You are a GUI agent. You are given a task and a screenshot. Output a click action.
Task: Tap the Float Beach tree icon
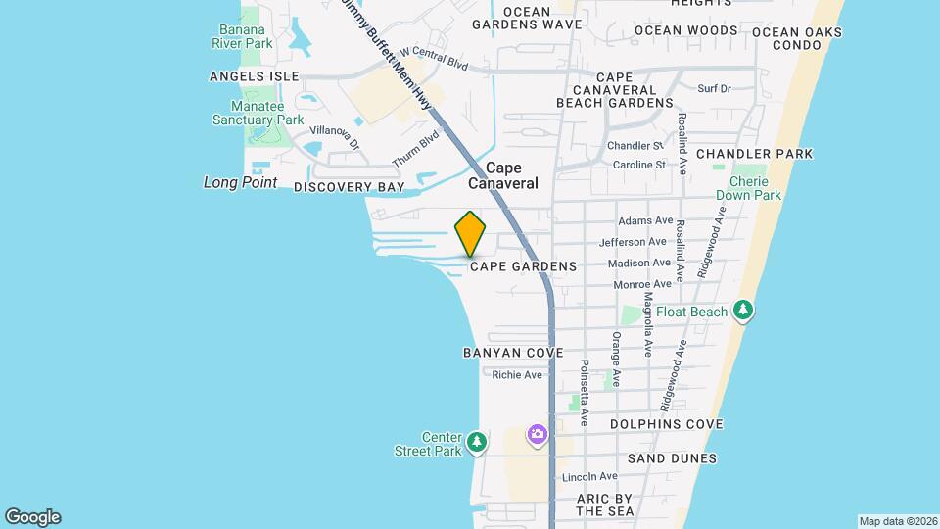744,312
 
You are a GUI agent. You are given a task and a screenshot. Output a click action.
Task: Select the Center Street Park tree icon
477,443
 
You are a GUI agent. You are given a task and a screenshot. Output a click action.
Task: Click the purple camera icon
537,434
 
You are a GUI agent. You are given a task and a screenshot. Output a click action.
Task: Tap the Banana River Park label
245,36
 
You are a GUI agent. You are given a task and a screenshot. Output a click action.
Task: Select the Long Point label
240,182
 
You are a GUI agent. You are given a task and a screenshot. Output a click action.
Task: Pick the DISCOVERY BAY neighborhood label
349,186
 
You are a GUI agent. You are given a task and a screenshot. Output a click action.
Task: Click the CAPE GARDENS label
523,266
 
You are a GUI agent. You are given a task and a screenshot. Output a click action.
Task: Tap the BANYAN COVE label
513,353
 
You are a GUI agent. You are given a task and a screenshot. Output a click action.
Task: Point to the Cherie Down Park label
748,188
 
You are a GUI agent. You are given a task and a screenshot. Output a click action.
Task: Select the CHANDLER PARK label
754,154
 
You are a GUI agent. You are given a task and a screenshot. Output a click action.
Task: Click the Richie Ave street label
517,375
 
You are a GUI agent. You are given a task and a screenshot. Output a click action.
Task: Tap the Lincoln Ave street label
589,477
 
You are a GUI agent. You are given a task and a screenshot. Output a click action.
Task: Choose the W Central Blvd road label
434,58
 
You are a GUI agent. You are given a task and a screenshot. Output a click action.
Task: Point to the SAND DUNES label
672,458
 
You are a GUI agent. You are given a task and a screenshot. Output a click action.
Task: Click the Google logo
32,517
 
